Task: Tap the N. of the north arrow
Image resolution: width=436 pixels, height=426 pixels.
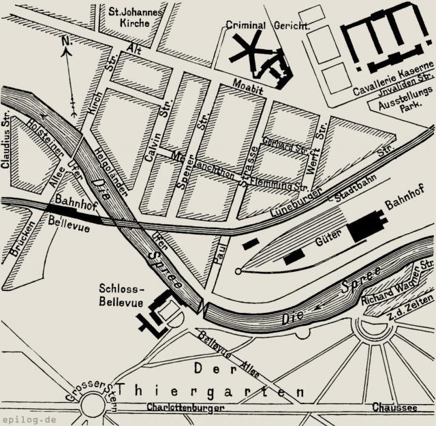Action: point(66,42)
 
